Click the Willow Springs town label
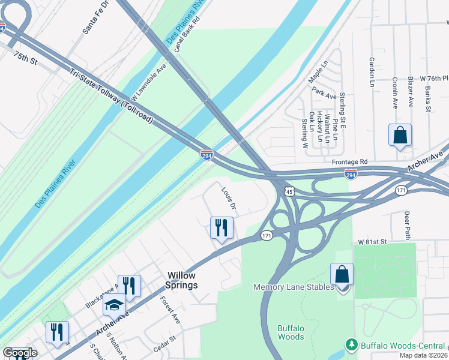[181, 280]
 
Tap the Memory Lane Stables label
[294, 287]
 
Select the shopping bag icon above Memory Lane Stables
[342, 275]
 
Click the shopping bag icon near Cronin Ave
[400, 136]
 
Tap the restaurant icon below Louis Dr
[221, 228]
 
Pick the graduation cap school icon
[113, 305]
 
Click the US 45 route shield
[289, 191]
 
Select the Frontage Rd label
[350, 162]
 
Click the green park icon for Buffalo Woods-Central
[351, 345]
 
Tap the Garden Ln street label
[372, 72]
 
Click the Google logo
[19, 353]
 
